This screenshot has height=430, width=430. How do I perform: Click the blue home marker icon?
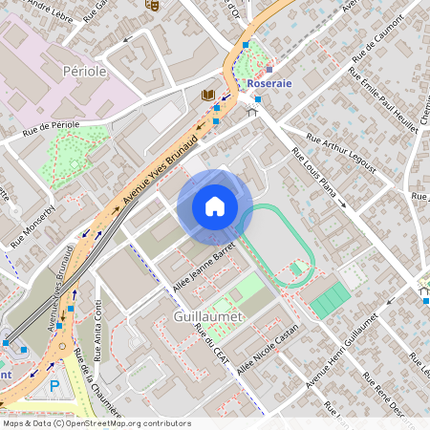coord(215,206)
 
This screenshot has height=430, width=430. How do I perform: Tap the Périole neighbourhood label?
coord(84,71)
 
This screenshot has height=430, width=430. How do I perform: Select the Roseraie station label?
coord(269,83)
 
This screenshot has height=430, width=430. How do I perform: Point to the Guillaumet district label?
coord(209,315)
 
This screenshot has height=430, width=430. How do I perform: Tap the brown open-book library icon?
coord(207,95)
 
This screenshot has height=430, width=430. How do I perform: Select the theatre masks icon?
coord(150,5)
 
